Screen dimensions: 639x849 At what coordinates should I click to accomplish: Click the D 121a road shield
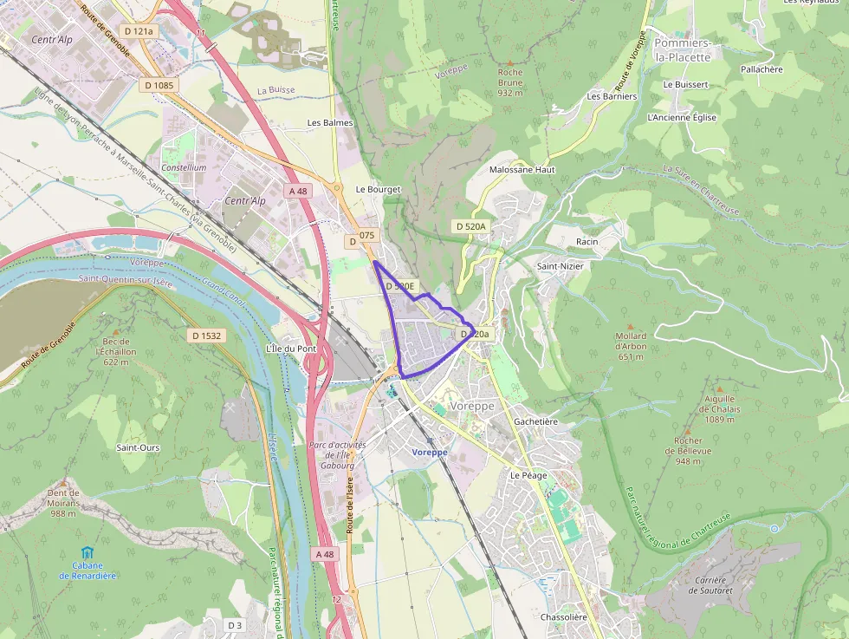pos(139,31)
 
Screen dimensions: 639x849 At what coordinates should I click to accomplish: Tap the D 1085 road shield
pos(159,85)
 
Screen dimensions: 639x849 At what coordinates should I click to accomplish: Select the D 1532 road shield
pos(207,335)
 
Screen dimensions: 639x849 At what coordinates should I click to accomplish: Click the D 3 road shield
pos(235,625)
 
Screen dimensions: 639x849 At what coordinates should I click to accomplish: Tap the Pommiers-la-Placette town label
pos(682,49)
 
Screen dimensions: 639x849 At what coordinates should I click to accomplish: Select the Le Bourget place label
pos(378,189)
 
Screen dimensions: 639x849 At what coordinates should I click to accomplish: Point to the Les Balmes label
pos(330,123)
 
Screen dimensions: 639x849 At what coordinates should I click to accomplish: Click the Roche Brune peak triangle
pos(510,62)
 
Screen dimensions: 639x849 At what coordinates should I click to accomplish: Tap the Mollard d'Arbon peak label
pos(631,346)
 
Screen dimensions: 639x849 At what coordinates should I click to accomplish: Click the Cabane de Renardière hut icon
pos(87,552)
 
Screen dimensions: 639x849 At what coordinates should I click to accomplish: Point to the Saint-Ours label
pos(138,447)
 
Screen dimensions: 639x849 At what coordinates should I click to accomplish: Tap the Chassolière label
pos(563,616)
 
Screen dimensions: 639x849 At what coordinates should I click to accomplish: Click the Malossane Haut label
pos(522,170)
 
